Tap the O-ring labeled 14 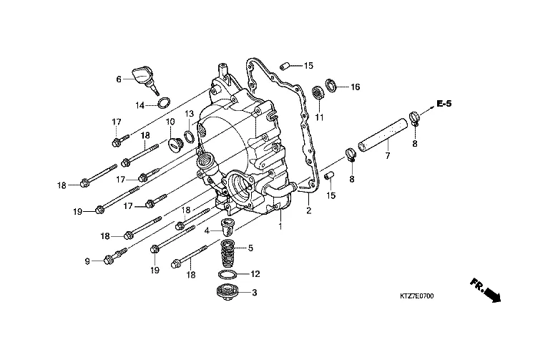[164, 102]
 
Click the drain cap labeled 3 [227, 293]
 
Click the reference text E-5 [444, 104]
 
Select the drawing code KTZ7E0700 [416, 296]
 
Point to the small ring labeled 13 [189, 136]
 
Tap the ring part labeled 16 [331, 85]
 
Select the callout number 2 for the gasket [308, 210]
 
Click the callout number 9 [87, 261]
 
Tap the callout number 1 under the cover [280, 225]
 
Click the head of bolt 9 [109, 260]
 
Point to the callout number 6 [119, 79]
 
